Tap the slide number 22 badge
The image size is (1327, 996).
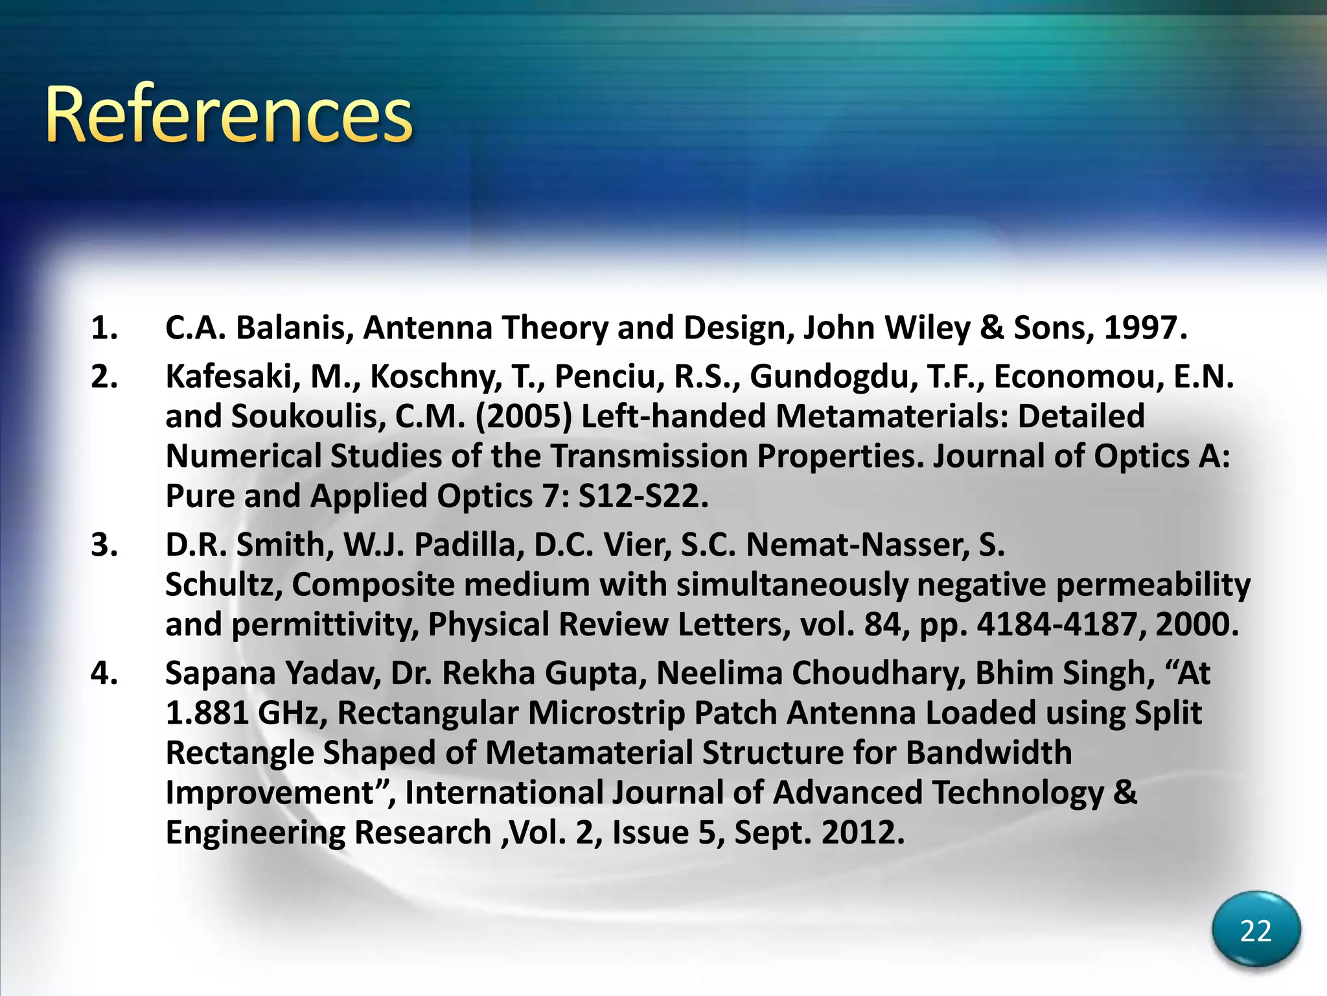[x=1256, y=931]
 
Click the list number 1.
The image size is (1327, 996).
[x=104, y=328]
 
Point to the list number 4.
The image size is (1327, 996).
[x=104, y=673]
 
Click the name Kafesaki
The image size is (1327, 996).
[x=233, y=377]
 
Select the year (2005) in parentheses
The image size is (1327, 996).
[x=524, y=416]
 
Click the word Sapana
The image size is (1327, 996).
[x=220, y=673]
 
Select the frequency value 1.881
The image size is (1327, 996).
[x=207, y=713]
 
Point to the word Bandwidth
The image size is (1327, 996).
[x=989, y=753]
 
